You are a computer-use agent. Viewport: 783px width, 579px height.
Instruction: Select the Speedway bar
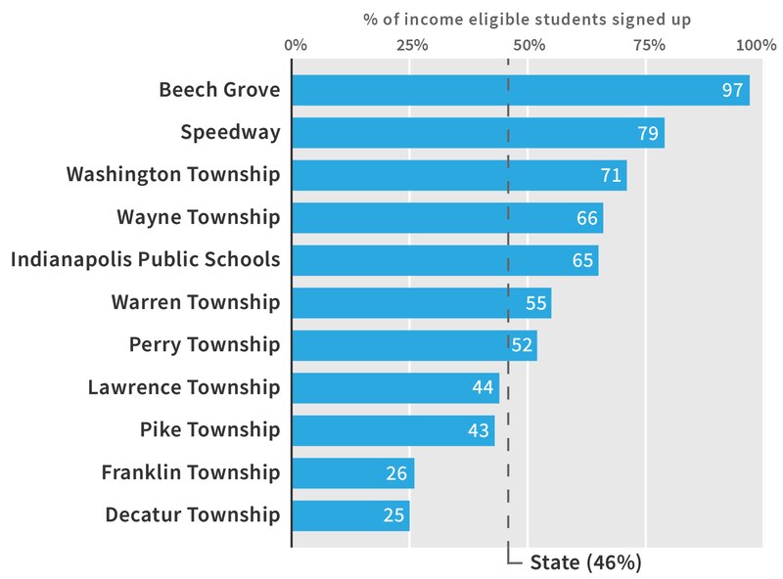click(478, 133)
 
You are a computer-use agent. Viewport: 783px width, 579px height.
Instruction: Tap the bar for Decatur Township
click(350, 515)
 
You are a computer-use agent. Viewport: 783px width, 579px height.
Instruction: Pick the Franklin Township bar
click(353, 473)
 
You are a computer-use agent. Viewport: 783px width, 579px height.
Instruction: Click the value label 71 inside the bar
click(612, 176)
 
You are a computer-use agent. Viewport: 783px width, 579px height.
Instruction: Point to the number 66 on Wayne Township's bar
click(587, 218)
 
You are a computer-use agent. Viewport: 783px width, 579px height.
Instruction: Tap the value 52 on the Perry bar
click(522, 345)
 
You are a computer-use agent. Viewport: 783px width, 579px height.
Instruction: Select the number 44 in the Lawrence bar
click(483, 388)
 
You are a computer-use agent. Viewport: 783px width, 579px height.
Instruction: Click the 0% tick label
click(295, 45)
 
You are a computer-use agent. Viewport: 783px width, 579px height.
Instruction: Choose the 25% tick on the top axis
click(412, 45)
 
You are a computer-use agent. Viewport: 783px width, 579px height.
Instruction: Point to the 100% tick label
click(757, 45)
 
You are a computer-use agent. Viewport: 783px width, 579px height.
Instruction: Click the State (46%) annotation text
click(585, 562)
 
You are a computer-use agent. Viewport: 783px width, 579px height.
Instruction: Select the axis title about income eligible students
click(528, 18)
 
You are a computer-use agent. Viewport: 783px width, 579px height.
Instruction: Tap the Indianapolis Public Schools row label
click(145, 260)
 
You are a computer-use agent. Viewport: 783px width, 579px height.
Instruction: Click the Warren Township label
click(196, 302)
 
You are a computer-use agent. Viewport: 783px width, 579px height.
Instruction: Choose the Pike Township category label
click(209, 430)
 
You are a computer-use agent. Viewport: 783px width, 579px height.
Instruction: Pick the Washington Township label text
click(173, 175)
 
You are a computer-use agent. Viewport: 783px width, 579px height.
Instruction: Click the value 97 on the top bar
click(733, 91)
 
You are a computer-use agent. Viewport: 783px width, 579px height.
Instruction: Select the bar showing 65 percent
click(445, 260)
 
